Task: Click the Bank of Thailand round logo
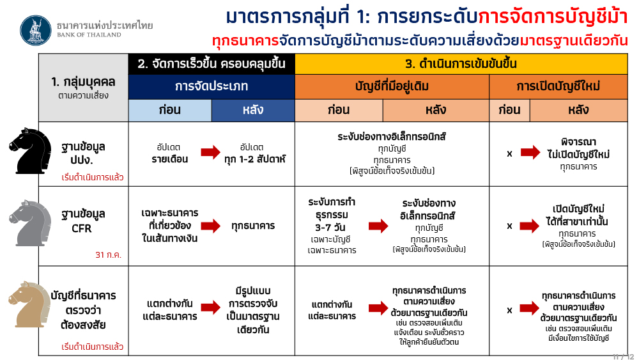pos(36,31)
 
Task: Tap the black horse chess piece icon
pos(30,151)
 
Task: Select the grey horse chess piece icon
pos(30,223)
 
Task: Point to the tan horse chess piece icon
pos(30,304)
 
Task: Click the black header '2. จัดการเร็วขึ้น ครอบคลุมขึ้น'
pos(212,64)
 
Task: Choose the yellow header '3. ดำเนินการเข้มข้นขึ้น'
pos(461,64)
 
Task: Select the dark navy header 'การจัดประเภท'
pos(212,86)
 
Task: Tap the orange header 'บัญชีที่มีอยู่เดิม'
pos(392,86)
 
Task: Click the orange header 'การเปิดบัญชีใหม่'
pos(558,86)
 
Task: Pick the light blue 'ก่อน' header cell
pos(170,110)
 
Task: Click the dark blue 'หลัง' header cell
pos(253,110)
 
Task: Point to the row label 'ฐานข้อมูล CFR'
pos(82,221)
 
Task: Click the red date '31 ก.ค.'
pos(109,254)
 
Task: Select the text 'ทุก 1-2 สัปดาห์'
pos(255,159)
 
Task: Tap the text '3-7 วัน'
pos(330,228)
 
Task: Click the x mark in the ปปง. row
pos(509,153)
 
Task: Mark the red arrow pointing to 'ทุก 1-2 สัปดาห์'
pos(211,153)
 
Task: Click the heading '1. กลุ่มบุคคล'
pos(83,82)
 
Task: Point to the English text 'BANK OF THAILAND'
pos(89,35)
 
